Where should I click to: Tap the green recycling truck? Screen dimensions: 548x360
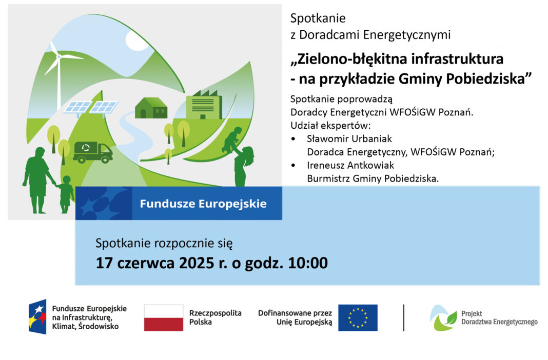[x=92, y=152]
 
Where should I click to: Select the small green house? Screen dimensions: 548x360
[x=151, y=108]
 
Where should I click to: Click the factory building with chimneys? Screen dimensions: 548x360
[x=204, y=104]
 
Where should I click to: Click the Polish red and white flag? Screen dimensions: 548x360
[x=164, y=318]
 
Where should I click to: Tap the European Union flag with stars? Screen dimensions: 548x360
[x=358, y=318]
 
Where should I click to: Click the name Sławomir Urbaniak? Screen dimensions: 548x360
[x=349, y=139]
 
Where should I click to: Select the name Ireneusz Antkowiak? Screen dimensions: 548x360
[x=350, y=165]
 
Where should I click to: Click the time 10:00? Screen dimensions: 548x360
[x=307, y=263]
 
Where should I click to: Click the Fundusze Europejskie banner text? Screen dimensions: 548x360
[x=203, y=204]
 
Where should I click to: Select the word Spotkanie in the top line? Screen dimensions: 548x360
[x=318, y=18]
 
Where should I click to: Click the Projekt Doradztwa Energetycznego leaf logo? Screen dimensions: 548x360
[x=443, y=318]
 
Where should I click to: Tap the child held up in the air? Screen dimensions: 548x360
[x=232, y=139]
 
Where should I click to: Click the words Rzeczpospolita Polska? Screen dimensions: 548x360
[x=216, y=317]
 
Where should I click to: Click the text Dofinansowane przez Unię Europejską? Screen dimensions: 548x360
[x=295, y=317]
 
